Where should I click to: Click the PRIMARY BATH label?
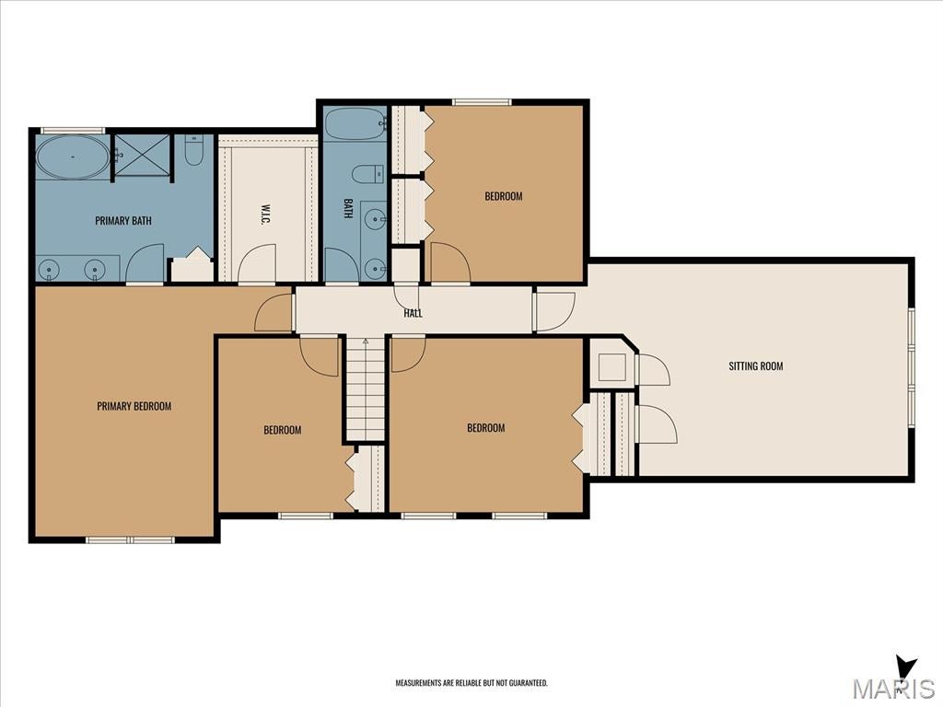tap(123, 221)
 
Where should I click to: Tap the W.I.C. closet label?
tap(264, 214)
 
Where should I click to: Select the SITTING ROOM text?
tap(756, 365)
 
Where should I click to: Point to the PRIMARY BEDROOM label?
tap(134, 406)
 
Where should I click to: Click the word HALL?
tap(413, 313)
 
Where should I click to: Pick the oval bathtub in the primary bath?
tap(73, 156)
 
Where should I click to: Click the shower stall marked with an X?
tap(143, 155)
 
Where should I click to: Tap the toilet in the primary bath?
tap(193, 150)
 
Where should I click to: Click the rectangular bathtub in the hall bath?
tap(355, 124)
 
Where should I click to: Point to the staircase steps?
tap(365, 389)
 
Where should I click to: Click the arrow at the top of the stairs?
tap(365, 342)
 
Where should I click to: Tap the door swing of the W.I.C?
tap(258, 263)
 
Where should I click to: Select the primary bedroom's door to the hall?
tap(274, 312)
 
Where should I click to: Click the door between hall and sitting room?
tap(554, 311)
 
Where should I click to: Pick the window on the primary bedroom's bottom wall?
tap(130, 539)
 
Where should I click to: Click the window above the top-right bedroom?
tap(482, 102)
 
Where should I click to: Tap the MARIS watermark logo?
tap(893, 684)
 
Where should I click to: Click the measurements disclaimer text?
tap(471, 683)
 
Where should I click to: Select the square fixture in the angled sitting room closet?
tap(612, 367)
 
